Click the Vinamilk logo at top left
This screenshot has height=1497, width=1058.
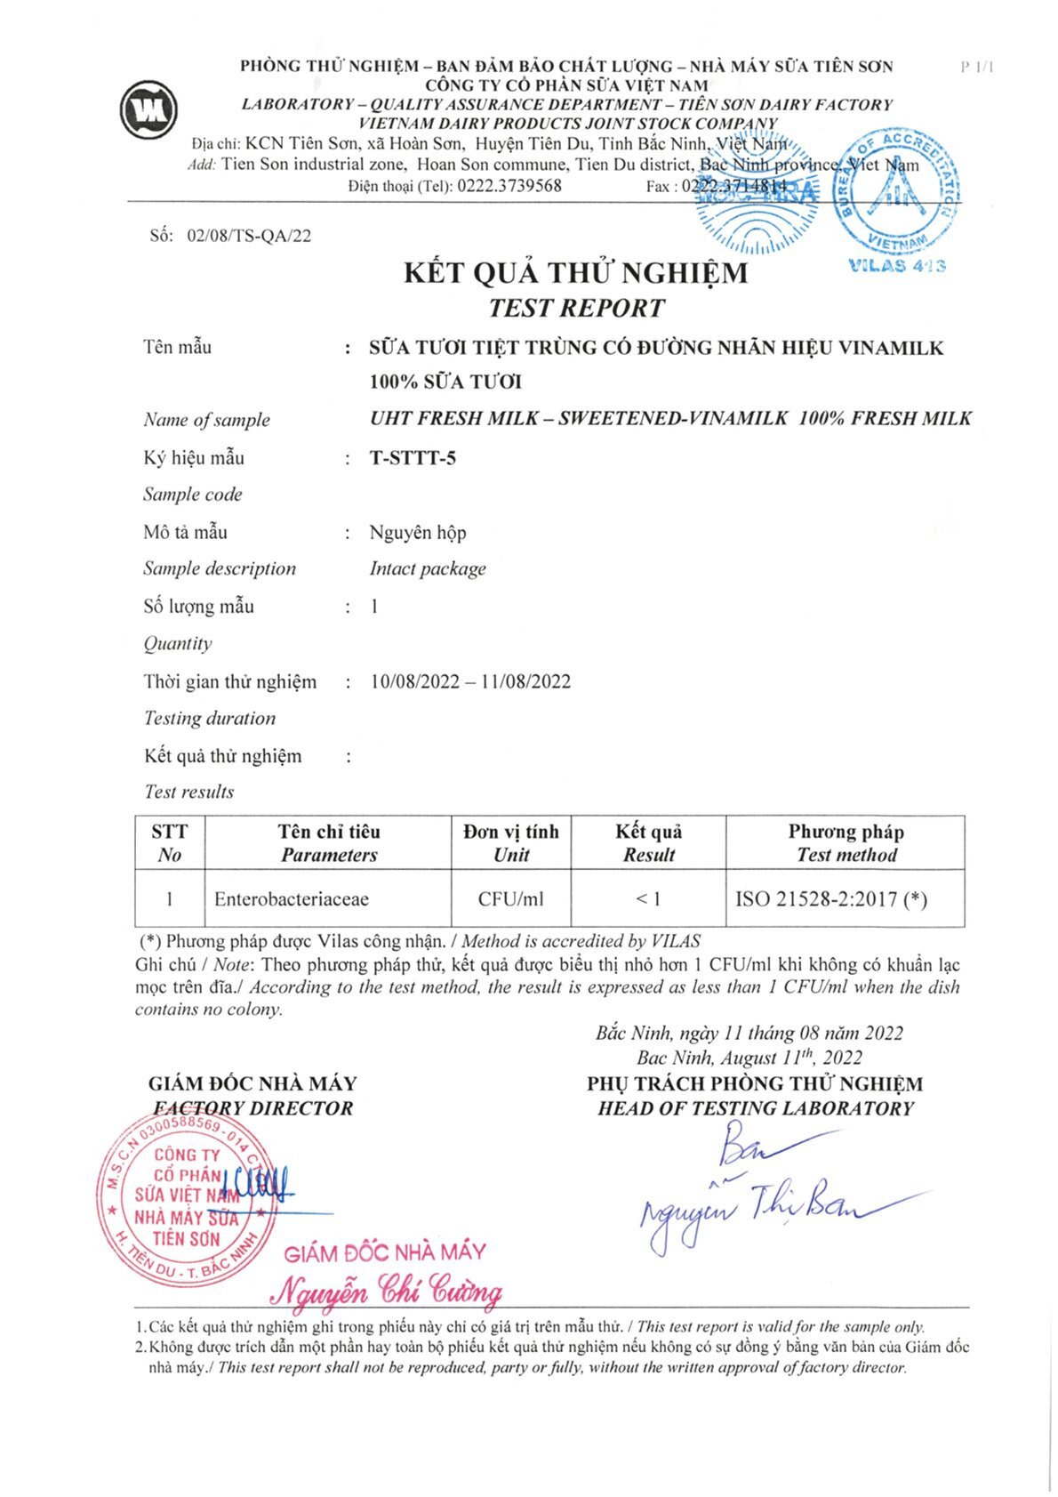pyautogui.click(x=148, y=109)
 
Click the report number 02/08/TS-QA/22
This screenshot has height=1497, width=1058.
pyautogui.click(x=249, y=236)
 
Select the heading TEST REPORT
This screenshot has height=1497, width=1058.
pyautogui.click(x=576, y=308)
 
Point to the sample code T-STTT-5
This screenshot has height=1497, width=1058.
pyautogui.click(x=413, y=458)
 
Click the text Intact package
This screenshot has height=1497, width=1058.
pyautogui.click(x=428, y=568)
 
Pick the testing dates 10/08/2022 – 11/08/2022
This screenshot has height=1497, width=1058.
pyautogui.click(x=470, y=681)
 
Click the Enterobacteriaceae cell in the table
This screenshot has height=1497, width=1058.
pyautogui.click(x=292, y=898)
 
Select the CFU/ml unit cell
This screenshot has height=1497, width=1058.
pyautogui.click(x=510, y=898)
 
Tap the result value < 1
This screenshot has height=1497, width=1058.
pyautogui.click(x=647, y=898)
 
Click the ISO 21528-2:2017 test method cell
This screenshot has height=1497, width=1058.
pyautogui.click(x=830, y=898)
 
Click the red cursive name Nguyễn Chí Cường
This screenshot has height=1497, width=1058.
pyautogui.click(x=387, y=1289)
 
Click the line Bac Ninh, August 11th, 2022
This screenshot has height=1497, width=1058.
pyautogui.click(x=749, y=1057)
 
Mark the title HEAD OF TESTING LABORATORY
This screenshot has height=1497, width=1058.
pyautogui.click(x=756, y=1108)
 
